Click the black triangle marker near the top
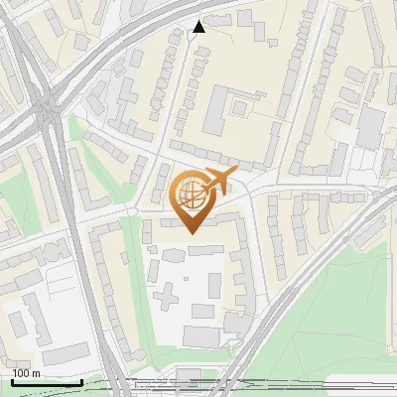pos(199,27)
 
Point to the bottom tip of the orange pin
pos(191,233)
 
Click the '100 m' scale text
pos(26,373)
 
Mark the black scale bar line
pos(46,382)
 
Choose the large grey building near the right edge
pos(370,127)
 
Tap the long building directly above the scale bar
pos(66,354)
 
